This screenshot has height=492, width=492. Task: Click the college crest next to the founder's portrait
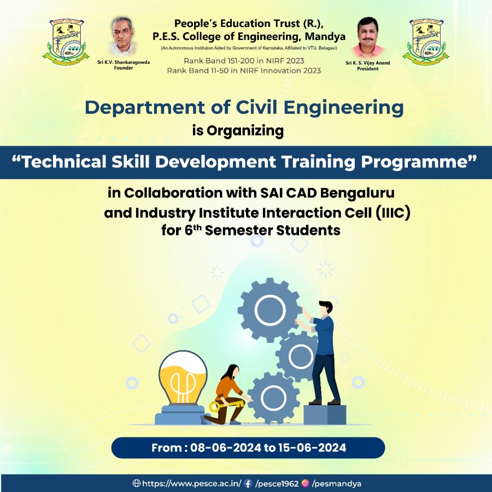point(66,42)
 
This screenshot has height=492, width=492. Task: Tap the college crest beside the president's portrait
point(426,42)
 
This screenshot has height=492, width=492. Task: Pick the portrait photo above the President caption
point(368,38)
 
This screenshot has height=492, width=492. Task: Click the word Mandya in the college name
point(325,37)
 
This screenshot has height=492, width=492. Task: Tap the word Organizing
point(245,131)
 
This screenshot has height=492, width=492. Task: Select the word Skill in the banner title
point(130,162)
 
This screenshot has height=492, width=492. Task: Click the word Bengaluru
point(357,194)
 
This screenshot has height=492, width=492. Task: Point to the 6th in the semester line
point(192,230)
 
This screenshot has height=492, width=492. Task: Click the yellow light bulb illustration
point(183,387)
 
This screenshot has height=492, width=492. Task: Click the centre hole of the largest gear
point(270,311)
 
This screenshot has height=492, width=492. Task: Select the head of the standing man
point(326,307)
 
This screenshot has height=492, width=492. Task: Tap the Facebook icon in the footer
point(248,483)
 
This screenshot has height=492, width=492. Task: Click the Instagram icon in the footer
point(305,483)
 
